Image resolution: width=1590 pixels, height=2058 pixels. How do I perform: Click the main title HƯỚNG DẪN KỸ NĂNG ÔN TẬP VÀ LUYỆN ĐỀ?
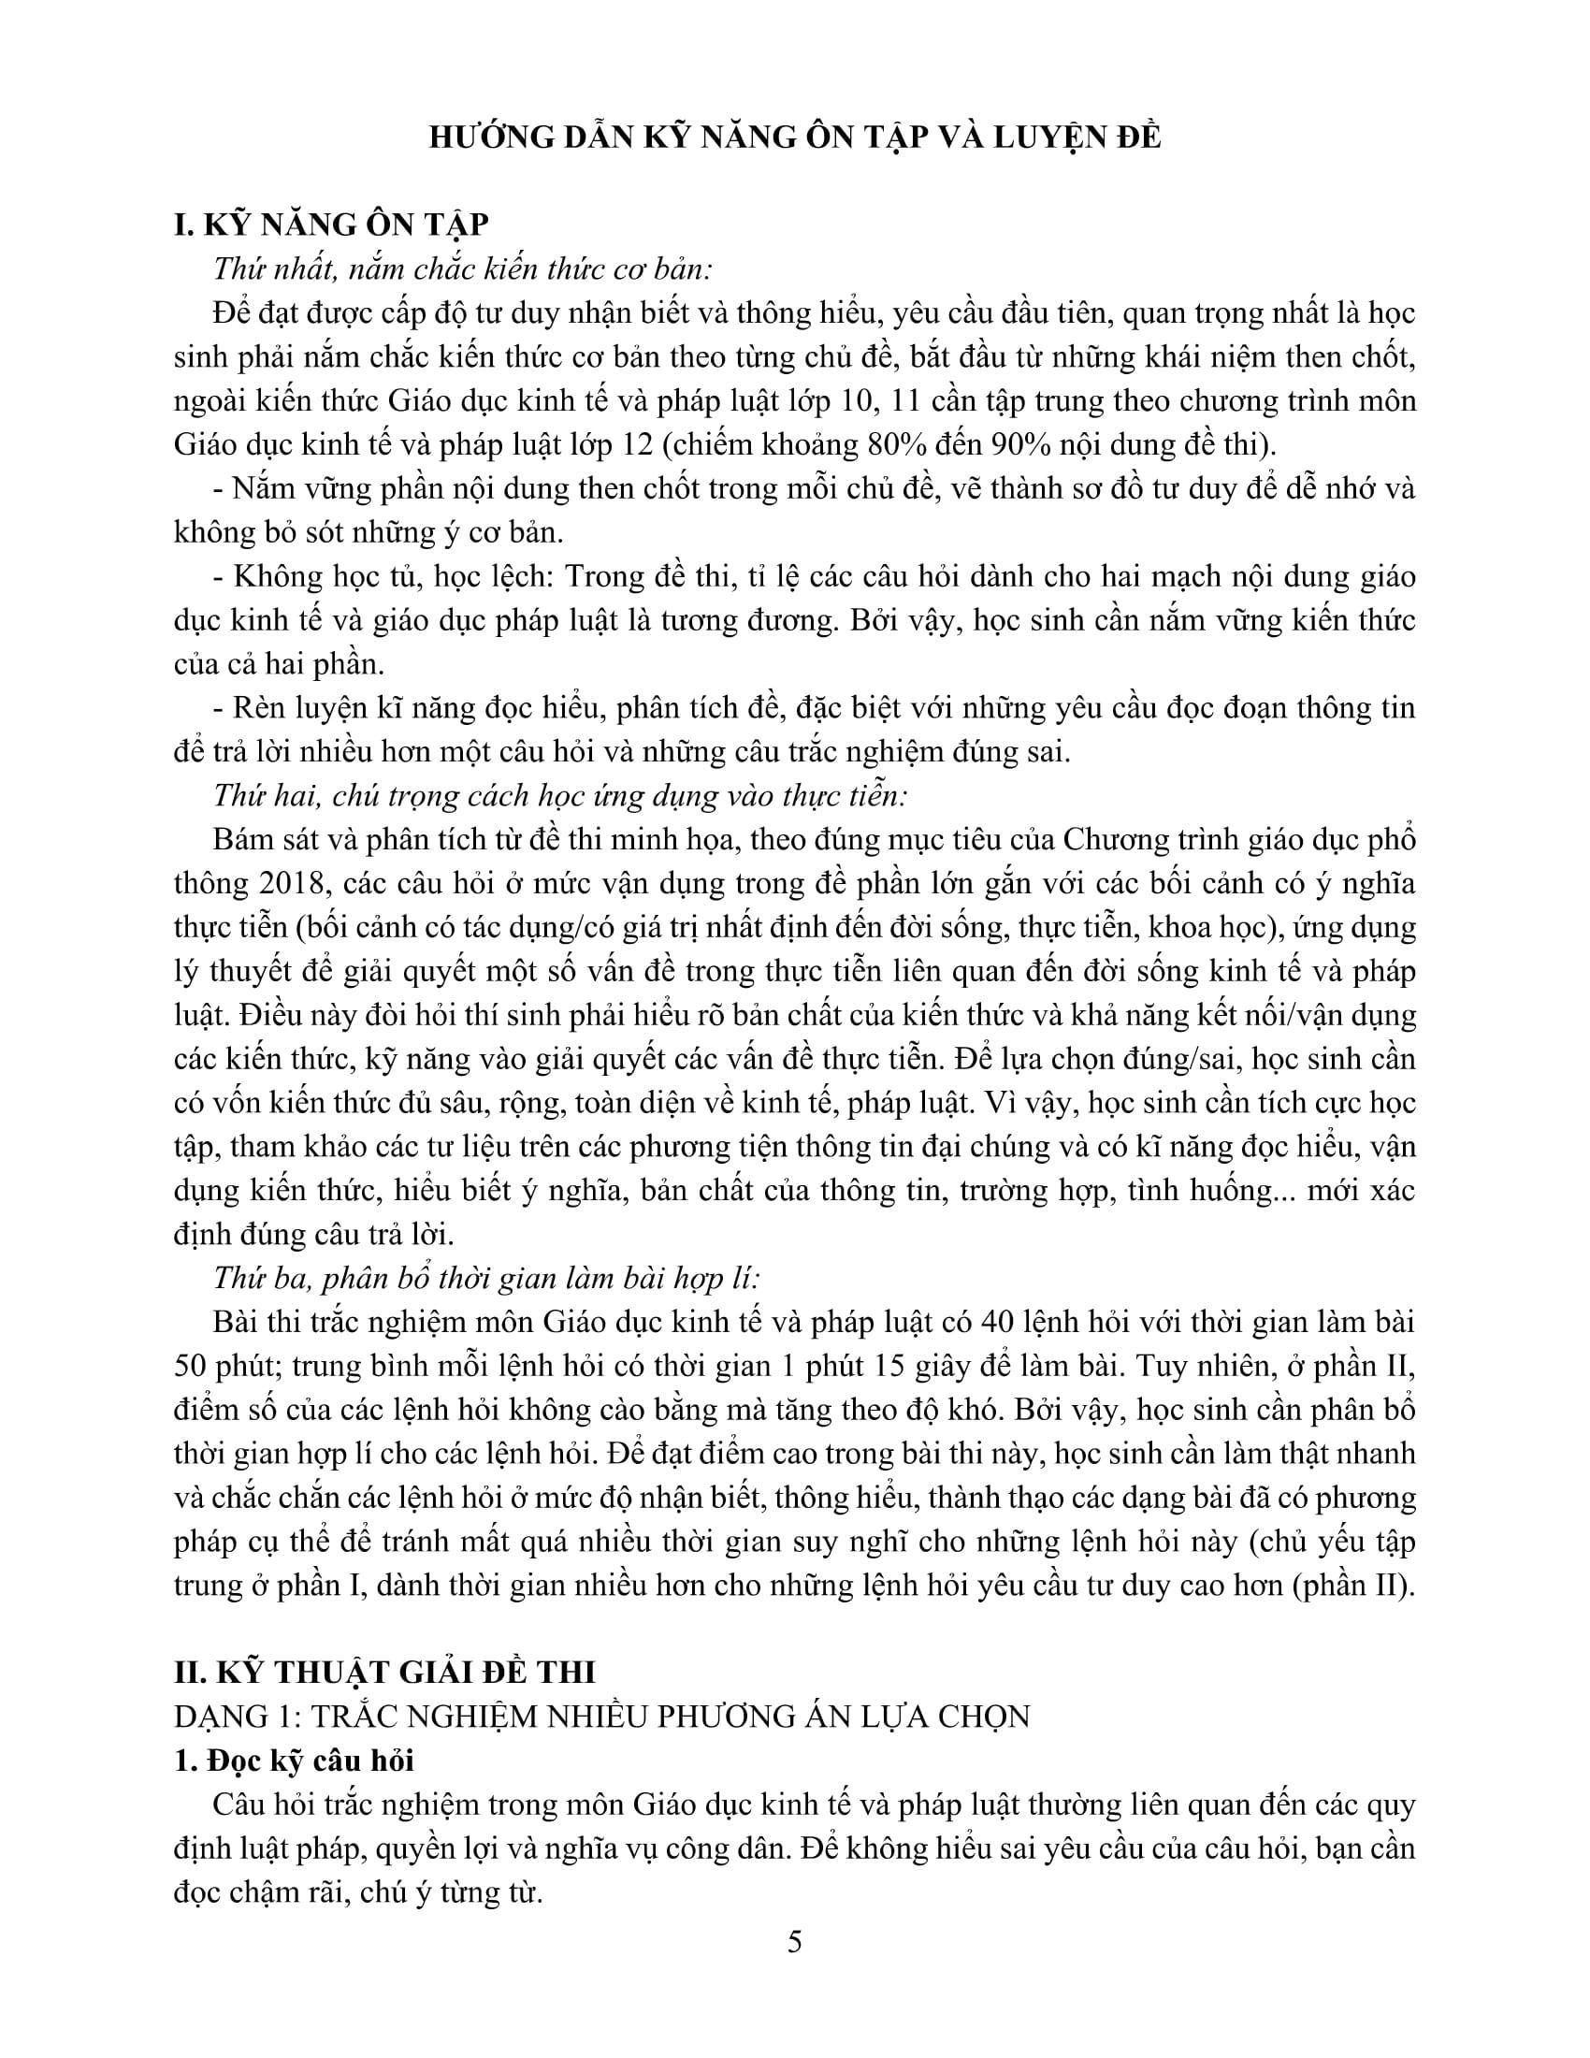(x=794, y=138)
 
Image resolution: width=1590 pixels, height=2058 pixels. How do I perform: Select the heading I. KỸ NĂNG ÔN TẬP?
(x=332, y=226)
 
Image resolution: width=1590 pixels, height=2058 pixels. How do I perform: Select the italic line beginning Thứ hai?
(x=560, y=796)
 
